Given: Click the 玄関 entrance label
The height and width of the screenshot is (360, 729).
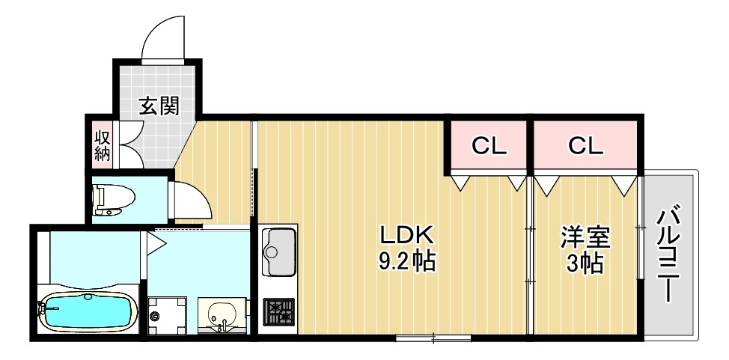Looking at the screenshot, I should point(159,108).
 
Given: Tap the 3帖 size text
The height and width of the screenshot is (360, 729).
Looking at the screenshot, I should point(586,263).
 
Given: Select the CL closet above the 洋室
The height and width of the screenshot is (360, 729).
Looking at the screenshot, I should point(585,146).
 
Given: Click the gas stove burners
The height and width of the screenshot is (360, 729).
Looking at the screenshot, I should point(279,311).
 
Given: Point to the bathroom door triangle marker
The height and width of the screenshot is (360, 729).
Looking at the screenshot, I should point(156,242).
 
